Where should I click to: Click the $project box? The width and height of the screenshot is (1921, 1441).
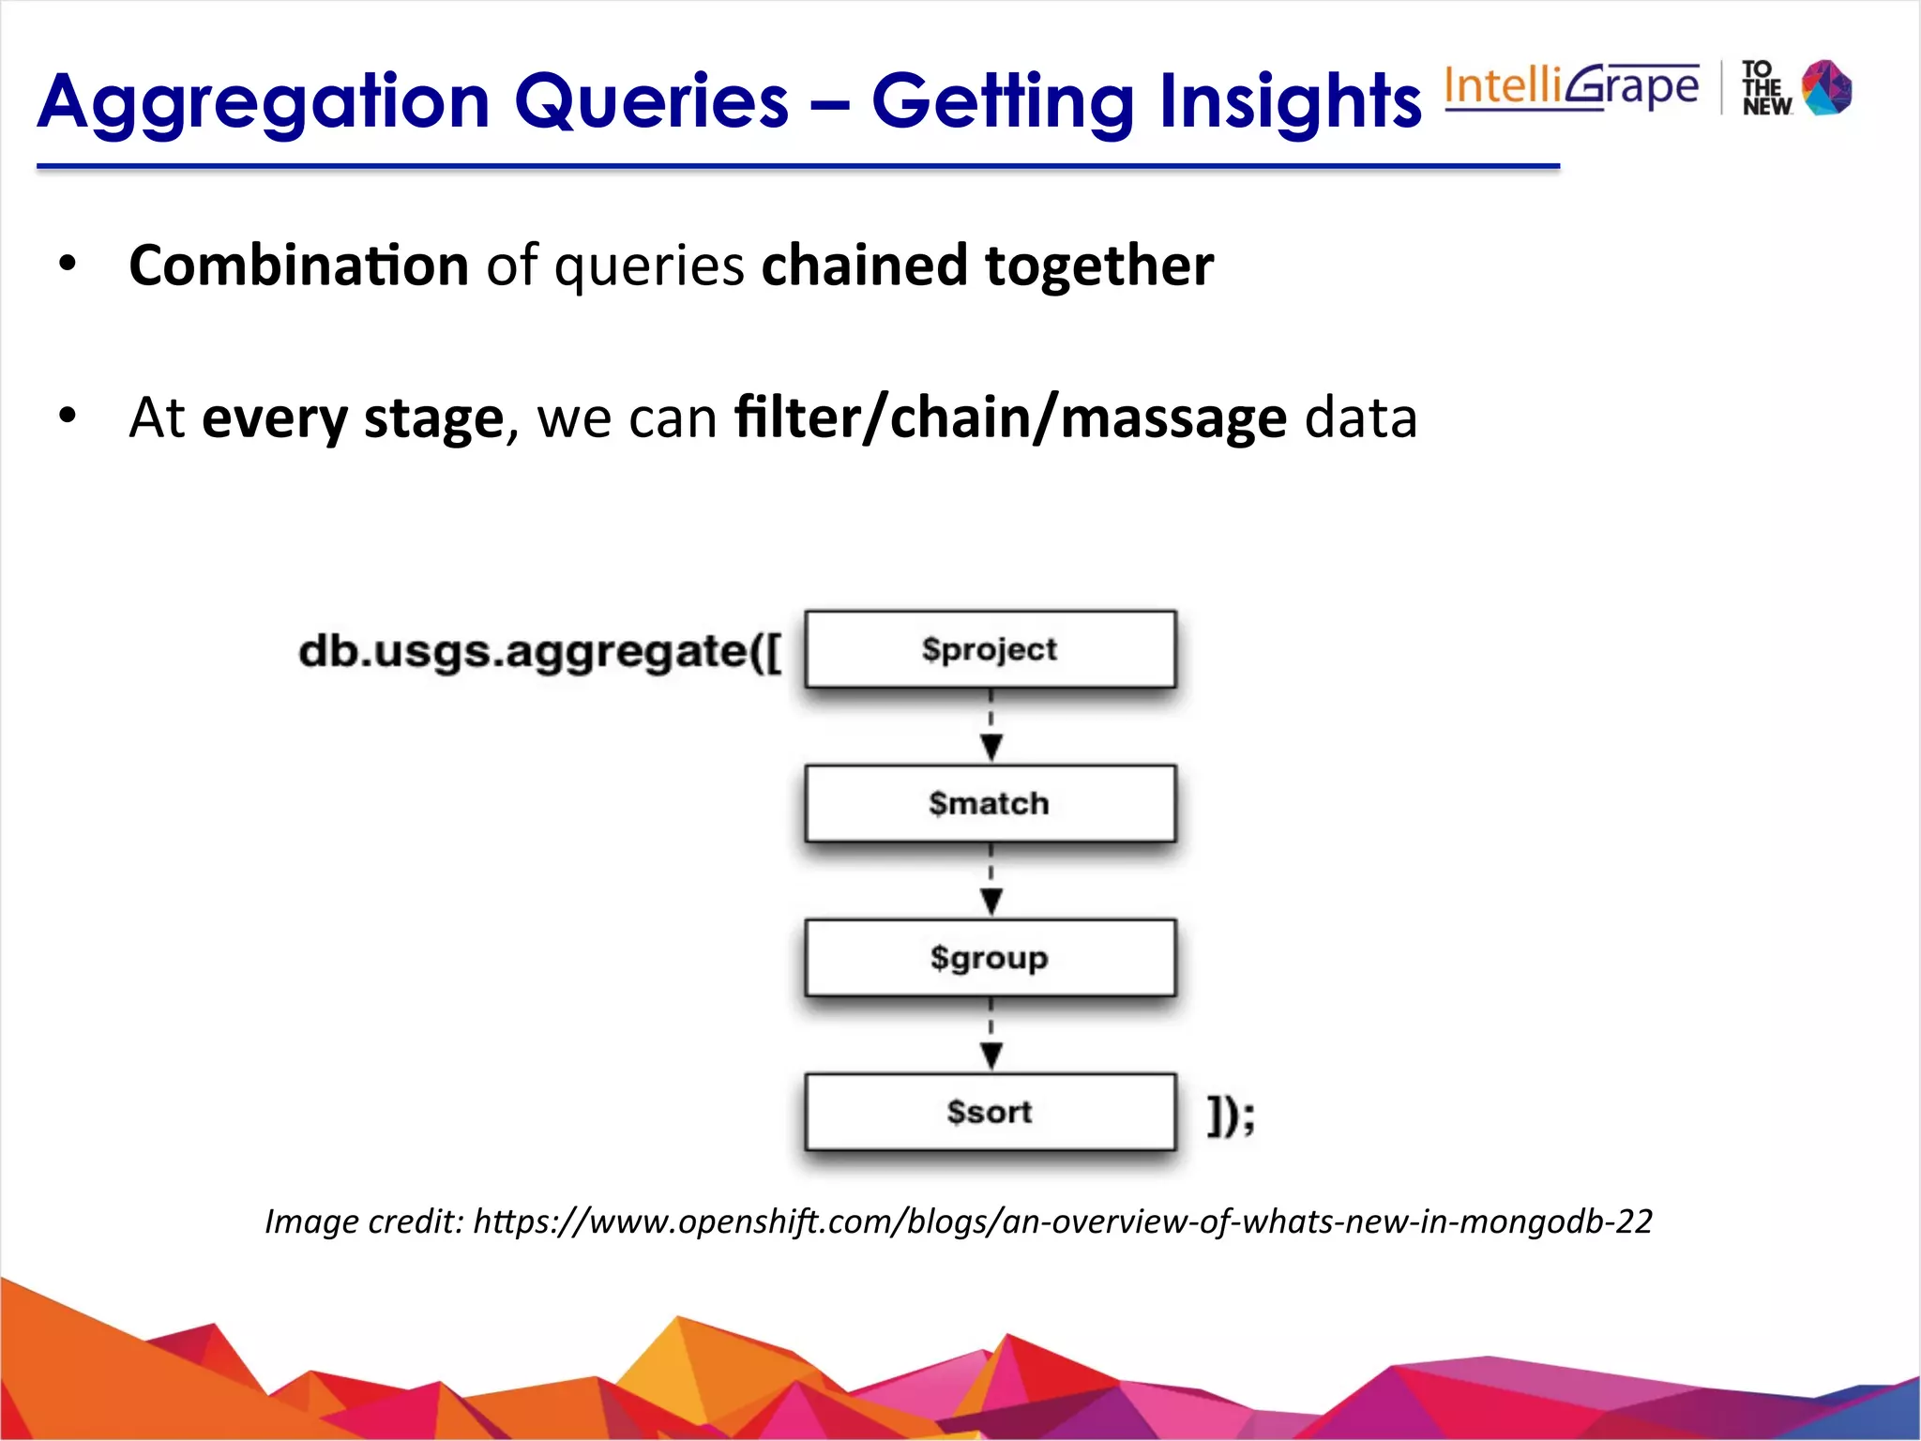click(x=990, y=649)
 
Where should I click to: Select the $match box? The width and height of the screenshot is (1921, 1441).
click(x=990, y=803)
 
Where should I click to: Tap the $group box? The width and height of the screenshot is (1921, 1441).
click(x=990, y=958)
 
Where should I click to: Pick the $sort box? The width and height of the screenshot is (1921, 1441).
click(x=990, y=1112)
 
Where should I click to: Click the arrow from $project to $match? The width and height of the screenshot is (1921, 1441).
click(x=991, y=728)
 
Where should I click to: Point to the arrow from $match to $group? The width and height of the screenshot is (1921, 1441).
click(x=991, y=882)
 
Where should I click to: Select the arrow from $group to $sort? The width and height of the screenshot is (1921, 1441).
click(x=991, y=1036)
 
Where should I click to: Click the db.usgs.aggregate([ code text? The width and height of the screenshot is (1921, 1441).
click(x=539, y=651)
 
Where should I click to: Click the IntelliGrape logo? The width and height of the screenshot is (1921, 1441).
click(x=1571, y=86)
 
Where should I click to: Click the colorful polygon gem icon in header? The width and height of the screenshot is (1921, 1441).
click(x=1826, y=87)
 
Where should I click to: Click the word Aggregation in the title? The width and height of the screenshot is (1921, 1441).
click(x=264, y=101)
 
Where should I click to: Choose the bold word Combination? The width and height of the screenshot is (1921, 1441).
click(x=298, y=265)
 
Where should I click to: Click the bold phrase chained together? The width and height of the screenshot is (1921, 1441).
click(x=987, y=265)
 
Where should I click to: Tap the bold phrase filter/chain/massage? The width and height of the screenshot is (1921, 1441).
click(x=1010, y=417)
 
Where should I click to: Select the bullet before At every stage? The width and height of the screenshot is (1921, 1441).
click(x=67, y=415)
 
